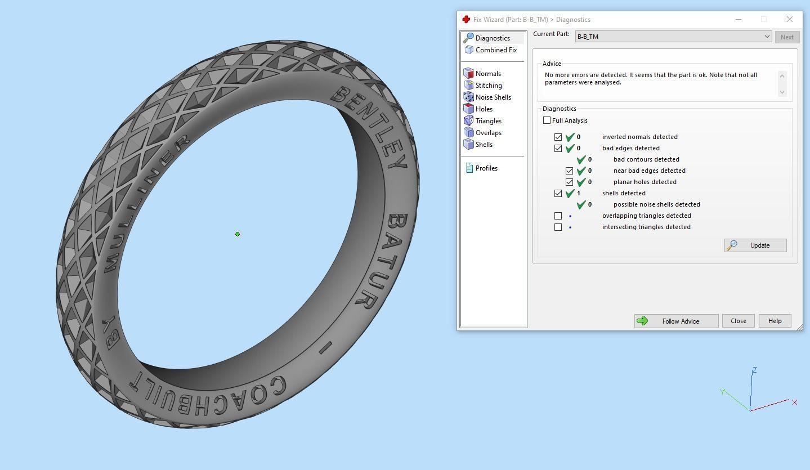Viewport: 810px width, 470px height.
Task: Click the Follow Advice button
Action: pos(676,321)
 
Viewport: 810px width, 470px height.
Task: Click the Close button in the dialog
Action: pos(738,321)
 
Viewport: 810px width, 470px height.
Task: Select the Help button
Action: pos(775,321)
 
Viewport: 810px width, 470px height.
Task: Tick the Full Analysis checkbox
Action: pos(547,120)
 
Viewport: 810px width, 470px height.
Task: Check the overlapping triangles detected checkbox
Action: pos(558,216)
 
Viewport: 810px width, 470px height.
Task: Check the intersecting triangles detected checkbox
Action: pos(558,227)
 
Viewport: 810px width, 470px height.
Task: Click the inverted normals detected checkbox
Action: pos(558,137)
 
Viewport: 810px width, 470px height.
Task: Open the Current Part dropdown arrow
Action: pos(767,37)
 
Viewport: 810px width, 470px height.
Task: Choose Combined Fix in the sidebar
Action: pos(495,50)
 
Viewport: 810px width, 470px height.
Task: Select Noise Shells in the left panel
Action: pos(493,97)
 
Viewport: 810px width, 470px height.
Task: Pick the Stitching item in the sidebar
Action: pos(488,86)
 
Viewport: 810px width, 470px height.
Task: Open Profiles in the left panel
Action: pos(486,168)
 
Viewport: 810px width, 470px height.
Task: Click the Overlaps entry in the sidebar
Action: pos(488,133)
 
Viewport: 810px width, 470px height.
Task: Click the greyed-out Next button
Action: pos(786,37)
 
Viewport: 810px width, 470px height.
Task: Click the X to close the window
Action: pos(789,19)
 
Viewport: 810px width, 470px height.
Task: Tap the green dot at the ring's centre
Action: pos(238,234)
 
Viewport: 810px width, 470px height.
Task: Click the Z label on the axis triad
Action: pos(754,370)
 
